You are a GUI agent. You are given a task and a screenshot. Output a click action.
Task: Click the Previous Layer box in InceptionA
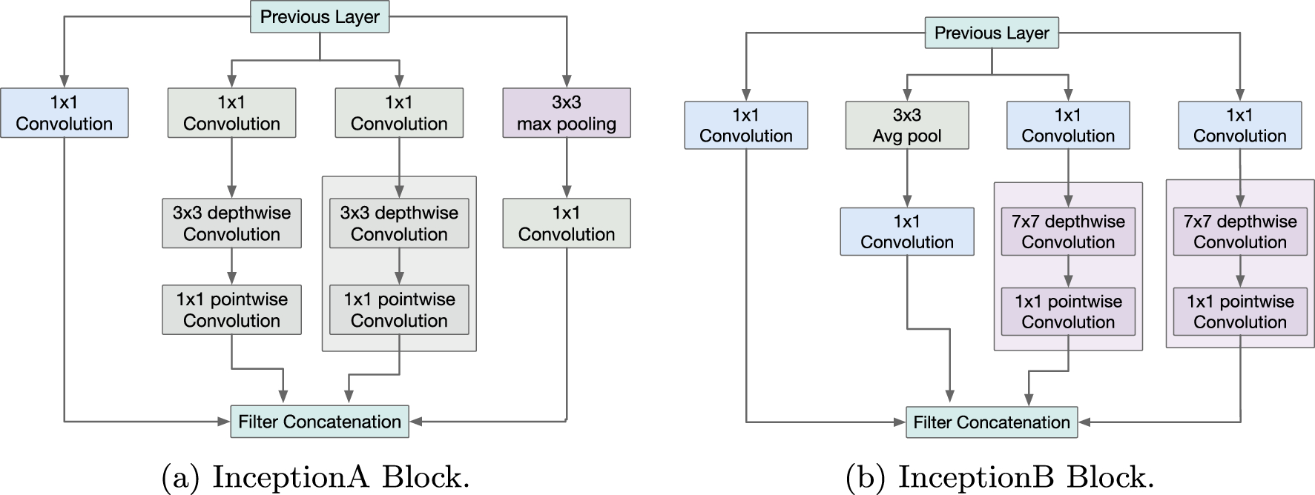point(320,17)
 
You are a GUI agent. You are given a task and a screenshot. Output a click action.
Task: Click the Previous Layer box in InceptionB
point(992,33)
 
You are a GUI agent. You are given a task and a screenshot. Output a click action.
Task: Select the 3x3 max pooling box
point(567,113)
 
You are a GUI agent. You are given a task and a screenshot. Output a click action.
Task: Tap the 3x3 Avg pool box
point(907,125)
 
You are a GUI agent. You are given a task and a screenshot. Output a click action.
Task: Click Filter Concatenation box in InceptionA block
point(320,422)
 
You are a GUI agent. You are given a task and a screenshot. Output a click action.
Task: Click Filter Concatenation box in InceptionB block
point(992,422)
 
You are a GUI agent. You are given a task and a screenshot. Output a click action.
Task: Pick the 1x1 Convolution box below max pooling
point(567,223)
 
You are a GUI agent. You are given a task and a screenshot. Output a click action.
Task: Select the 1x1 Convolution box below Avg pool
point(907,231)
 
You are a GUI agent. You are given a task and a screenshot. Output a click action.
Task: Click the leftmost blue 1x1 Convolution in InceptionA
point(65,113)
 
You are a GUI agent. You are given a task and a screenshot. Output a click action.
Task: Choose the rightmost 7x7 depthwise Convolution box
point(1240,231)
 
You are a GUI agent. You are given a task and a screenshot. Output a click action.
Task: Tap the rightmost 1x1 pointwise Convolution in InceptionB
point(1240,311)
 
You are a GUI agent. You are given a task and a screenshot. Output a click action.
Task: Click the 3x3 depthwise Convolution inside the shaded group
point(399,223)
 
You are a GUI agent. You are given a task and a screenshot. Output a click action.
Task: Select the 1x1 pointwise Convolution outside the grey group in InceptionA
point(231,310)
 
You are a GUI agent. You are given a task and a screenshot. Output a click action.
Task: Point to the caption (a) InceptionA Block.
point(315,477)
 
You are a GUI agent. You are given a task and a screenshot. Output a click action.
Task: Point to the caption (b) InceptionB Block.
point(1000,477)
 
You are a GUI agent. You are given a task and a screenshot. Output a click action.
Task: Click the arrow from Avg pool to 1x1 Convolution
point(907,178)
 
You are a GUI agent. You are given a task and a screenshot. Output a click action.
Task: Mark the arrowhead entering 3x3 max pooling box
point(567,82)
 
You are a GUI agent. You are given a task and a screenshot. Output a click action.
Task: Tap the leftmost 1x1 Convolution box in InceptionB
point(746,125)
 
